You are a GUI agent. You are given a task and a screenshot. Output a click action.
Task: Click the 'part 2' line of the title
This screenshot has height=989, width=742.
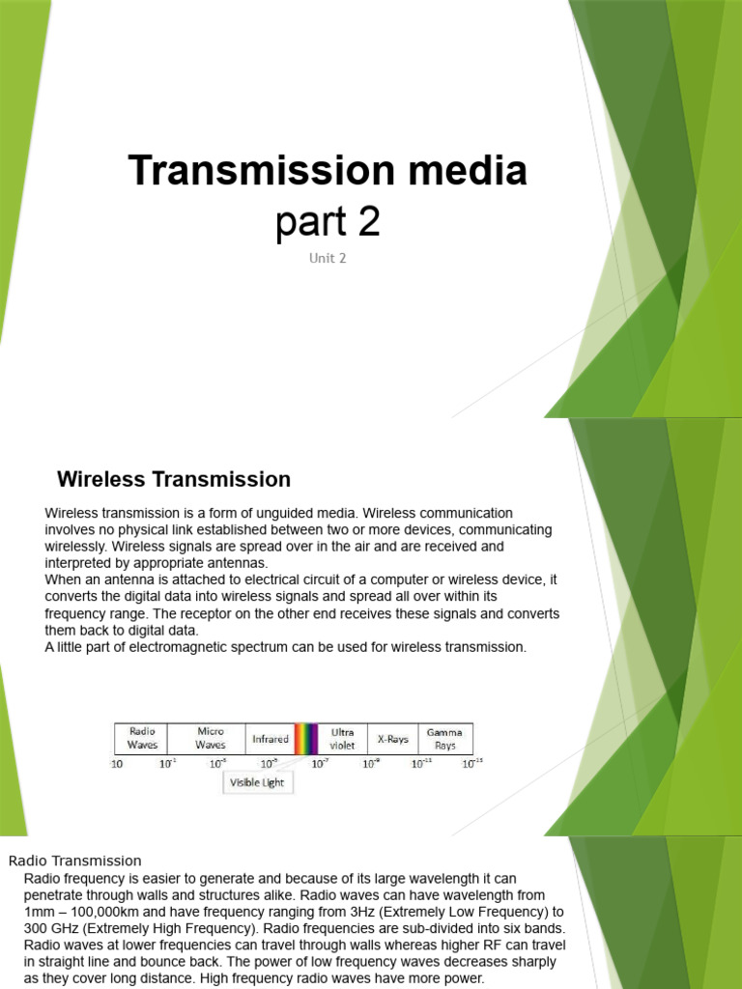328,221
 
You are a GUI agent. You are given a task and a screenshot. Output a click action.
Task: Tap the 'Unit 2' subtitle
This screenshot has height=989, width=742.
327,258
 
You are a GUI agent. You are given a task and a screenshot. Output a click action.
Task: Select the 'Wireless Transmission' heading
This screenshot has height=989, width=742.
174,479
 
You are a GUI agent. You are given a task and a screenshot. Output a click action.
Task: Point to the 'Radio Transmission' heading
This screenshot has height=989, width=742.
75,861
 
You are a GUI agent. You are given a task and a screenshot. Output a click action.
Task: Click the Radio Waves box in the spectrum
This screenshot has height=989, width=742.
142,738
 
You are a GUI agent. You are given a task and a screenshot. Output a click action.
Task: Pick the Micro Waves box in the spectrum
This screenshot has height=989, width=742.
210,738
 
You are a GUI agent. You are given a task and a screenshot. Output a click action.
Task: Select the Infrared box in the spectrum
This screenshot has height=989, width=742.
271,739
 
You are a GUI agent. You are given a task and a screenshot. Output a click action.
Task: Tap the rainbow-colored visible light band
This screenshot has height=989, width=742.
306,739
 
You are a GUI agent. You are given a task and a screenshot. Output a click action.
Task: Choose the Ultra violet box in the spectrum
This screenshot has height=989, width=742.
342,738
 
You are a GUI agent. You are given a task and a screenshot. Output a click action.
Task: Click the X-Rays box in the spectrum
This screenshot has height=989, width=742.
392,739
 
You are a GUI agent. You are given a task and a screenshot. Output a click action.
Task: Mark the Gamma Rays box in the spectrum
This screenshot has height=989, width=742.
444,738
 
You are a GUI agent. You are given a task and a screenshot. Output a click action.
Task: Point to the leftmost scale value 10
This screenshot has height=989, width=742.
117,764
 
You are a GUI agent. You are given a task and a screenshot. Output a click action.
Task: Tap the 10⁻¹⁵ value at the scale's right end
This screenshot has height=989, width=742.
471,764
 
